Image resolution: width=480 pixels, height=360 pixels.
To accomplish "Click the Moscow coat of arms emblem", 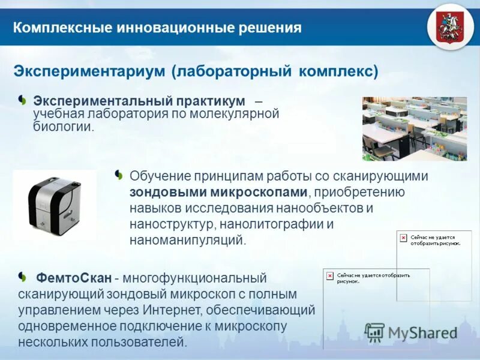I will point(447,27).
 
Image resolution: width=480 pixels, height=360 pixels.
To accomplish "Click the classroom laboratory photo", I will point(415,128).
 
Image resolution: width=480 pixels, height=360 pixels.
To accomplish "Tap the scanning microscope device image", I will point(55,205).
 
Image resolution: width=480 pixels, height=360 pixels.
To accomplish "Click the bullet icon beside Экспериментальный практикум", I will point(22,98).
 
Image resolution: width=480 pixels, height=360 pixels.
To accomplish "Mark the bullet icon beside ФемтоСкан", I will point(22,276).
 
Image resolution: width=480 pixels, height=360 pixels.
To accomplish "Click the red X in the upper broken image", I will point(403,238).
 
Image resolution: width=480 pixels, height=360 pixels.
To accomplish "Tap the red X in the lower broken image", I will point(329,275).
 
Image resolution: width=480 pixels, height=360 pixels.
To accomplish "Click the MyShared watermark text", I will point(422,332).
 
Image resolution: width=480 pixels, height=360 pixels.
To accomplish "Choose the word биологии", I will point(63,127).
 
